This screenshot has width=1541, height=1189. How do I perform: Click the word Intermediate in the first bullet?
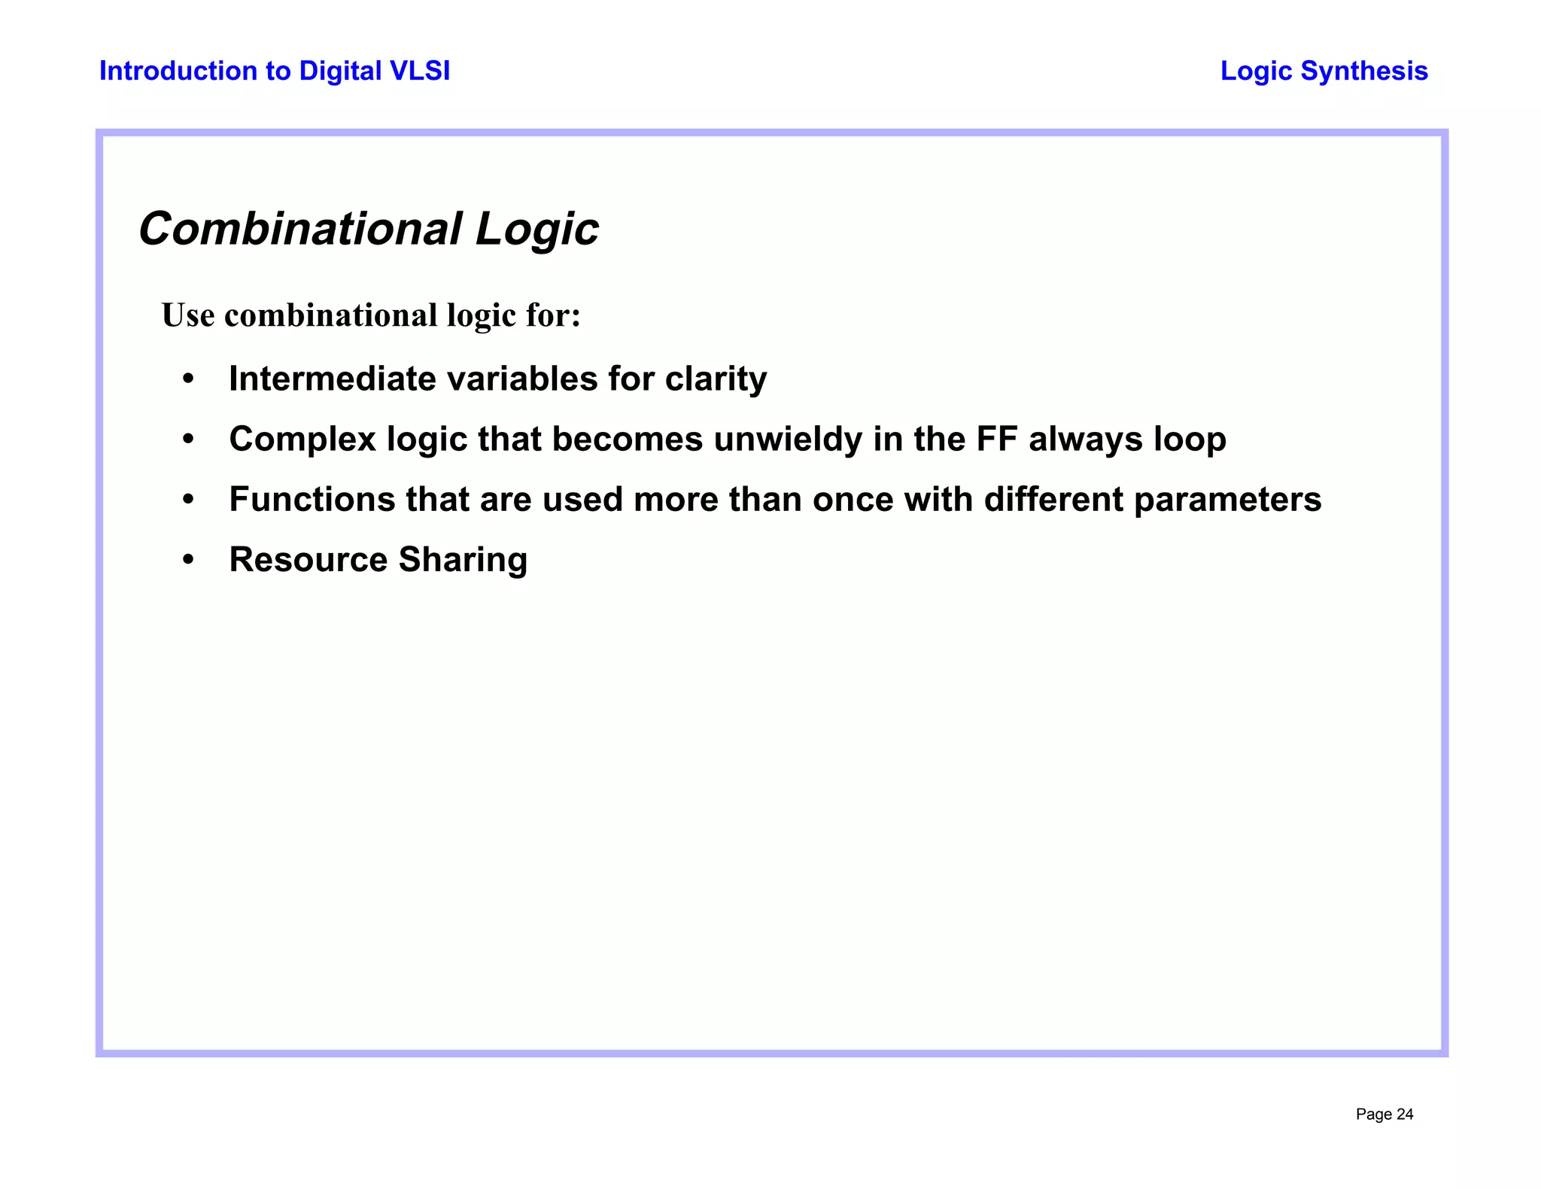click(x=332, y=379)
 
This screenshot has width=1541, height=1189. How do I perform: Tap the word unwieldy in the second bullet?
click(x=788, y=439)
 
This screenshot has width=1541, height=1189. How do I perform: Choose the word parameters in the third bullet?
click(x=1227, y=500)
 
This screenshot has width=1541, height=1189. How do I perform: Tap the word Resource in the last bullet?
click(x=309, y=560)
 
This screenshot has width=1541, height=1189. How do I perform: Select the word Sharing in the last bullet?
click(x=463, y=560)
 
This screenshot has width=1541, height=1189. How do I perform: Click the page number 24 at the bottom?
click(x=1405, y=1114)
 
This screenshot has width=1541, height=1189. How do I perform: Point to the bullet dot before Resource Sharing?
click(x=189, y=561)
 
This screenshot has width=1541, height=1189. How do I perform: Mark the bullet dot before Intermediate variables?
click(x=189, y=379)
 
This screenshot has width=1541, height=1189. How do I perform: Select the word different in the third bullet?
click(x=1053, y=500)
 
